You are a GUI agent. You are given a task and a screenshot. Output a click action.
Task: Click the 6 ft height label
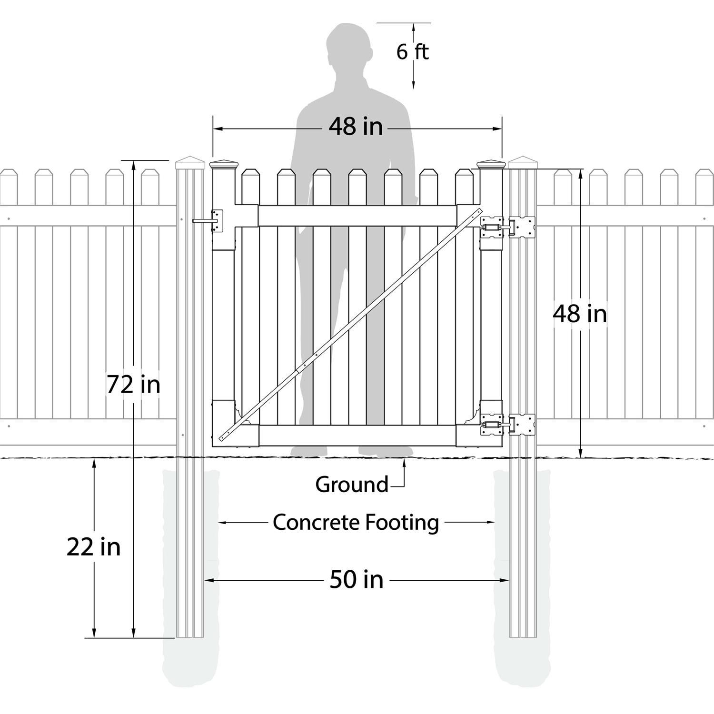point(412,51)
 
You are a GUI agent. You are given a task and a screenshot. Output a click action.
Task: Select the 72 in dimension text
point(133,385)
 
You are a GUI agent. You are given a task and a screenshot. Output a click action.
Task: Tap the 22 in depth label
point(94,547)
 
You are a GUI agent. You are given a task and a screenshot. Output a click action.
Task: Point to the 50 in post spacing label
point(357,580)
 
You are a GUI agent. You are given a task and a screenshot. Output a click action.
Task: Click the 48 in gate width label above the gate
point(356,127)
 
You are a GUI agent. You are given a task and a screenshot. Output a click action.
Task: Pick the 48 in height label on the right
point(580,314)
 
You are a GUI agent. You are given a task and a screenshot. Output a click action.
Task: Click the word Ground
point(352,485)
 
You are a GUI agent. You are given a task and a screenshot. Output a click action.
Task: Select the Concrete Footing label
point(356,522)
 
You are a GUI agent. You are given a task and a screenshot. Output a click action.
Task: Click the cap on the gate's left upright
point(223,164)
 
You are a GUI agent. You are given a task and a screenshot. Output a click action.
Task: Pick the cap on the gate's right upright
point(490,164)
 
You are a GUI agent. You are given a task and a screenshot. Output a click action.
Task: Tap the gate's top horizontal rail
point(357,216)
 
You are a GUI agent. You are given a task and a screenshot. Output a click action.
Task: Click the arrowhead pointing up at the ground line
point(405,463)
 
